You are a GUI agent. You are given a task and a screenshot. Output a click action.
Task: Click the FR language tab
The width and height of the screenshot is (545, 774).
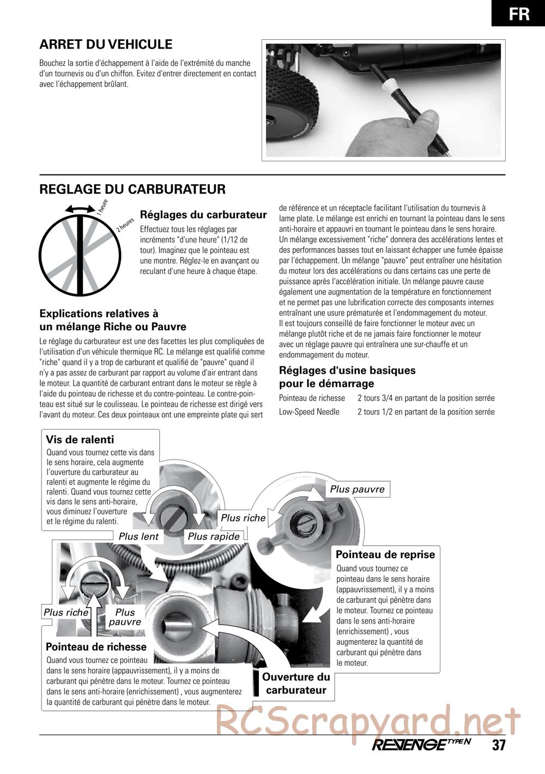[518, 13]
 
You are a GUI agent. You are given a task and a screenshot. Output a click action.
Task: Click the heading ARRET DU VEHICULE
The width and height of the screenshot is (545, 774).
[106, 45]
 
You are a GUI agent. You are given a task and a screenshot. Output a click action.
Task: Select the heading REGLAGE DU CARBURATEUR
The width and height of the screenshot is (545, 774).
[132, 189]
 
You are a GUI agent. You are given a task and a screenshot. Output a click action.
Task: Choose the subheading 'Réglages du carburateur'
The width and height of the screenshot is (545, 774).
[203, 215]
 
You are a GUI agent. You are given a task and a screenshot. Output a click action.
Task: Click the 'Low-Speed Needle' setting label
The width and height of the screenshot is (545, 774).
[309, 412]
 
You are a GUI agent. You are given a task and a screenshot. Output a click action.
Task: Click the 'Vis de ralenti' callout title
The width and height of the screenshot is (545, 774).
[80, 440]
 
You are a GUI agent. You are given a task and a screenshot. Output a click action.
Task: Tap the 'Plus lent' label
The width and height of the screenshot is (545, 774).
[138, 536]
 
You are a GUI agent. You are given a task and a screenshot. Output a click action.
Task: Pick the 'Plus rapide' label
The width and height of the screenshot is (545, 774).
[214, 536]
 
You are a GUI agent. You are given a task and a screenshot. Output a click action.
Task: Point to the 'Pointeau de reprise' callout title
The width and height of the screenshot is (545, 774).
[385, 555]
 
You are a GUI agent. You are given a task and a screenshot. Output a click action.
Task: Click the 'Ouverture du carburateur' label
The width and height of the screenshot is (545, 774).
[296, 684]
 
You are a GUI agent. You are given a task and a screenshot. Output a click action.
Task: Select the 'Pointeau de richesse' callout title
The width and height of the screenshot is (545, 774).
[96, 647]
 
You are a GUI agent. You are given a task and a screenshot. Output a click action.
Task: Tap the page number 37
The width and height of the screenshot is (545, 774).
[499, 745]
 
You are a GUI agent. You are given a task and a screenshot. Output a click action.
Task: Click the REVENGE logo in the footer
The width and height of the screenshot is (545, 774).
[421, 745]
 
